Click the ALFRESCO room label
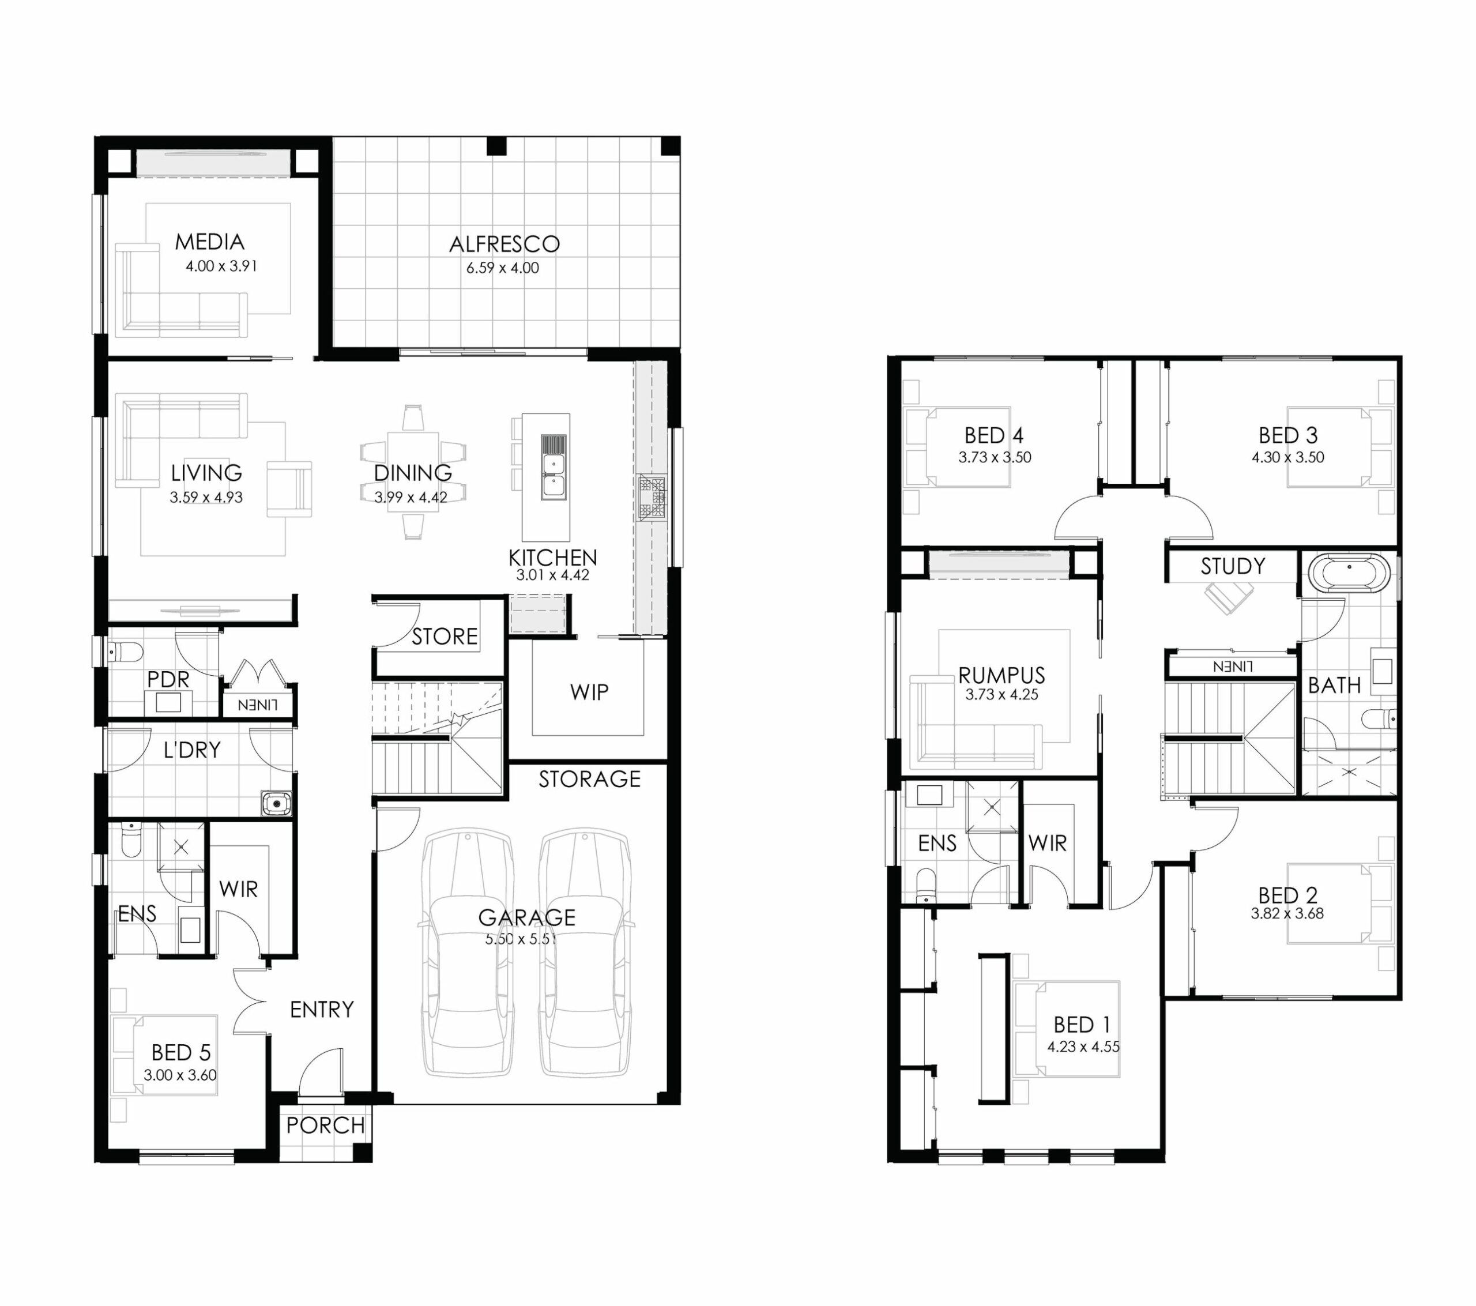(504, 244)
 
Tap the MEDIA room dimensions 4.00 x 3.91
(221, 266)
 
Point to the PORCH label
(325, 1126)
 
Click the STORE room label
(445, 637)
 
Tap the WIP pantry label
(589, 692)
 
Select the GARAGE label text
(526, 917)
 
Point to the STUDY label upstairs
(1233, 566)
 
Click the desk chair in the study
(1228, 597)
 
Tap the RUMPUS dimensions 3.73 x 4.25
(1001, 694)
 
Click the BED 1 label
(1082, 1024)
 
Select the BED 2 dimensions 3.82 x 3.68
(1287, 913)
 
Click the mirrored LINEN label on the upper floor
(1233, 666)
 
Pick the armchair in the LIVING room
(289, 489)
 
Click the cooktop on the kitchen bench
(653, 497)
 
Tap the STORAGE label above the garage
(589, 778)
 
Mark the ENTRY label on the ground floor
(322, 1009)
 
